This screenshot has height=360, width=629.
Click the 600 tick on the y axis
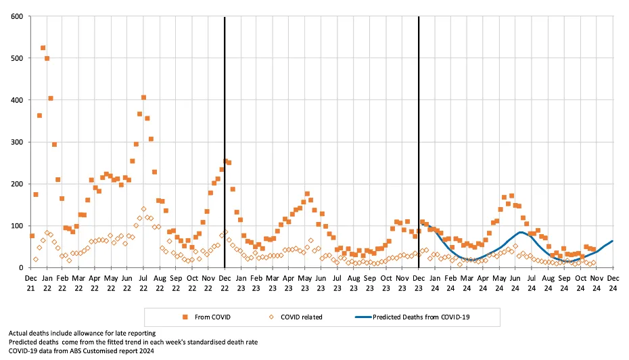[x=16, y=16]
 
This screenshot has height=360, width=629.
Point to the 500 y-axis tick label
[x=16, y=58]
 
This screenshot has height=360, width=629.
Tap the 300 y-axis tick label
[x=16, y=142]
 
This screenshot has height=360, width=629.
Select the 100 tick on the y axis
[x=16, y=225]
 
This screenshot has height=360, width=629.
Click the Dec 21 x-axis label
[x=31, y=283]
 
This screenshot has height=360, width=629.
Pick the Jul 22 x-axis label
[x=143, y=283]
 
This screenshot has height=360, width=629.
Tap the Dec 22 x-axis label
[x=225, y=283]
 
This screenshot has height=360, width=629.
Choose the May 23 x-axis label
[x=305, y=283]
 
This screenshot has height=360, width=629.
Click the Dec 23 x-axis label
[x=419, y=283]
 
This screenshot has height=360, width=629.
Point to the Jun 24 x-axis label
[x=515, y=283]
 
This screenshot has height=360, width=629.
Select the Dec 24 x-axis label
[x=613, y=283]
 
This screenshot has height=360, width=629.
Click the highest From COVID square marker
[x=43, y=48]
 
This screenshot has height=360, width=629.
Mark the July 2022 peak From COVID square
[x=143, y=97]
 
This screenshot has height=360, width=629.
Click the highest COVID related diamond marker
[x=143, y=209]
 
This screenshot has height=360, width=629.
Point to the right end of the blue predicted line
[x=613, y=241]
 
